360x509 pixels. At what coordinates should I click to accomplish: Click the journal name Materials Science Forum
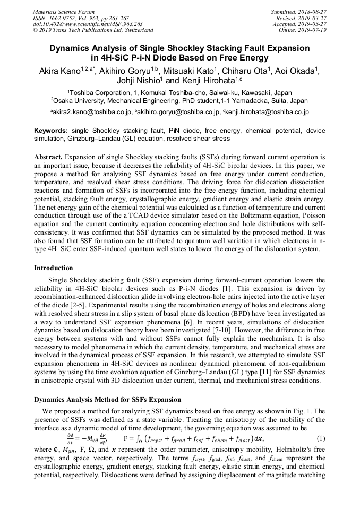(64, 12)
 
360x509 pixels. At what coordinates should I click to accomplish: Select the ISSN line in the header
(81, 18)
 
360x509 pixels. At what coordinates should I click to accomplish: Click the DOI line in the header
(88, 24)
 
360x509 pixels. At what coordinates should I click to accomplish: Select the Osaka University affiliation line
(180, 100)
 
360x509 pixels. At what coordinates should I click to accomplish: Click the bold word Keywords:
(51, 131)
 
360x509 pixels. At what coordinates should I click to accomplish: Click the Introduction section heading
(53, 268)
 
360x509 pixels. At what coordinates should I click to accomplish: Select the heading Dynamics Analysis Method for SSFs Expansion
(107, 400)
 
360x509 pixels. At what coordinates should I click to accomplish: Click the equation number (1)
(320, 438)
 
